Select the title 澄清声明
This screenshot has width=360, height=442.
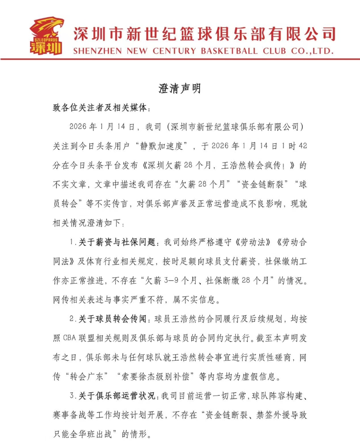(180, 89)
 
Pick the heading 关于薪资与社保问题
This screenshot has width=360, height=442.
(119, 243)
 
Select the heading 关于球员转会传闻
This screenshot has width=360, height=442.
(113, 319)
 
